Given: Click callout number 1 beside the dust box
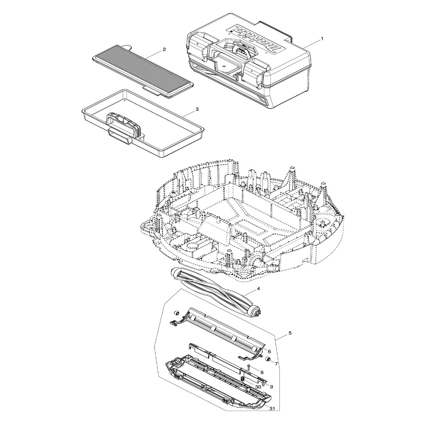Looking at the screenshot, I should point(322,39).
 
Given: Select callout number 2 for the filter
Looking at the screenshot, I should point(164,50).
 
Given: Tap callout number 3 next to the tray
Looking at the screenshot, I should point(197,109).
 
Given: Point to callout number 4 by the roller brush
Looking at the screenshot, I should point(258,289).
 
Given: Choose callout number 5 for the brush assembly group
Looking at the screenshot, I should point(290,333).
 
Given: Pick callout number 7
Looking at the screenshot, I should point(276,364).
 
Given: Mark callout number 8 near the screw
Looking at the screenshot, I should point(262,372).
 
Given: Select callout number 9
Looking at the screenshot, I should point(271,387).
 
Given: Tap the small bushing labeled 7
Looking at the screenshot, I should point(268,360).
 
